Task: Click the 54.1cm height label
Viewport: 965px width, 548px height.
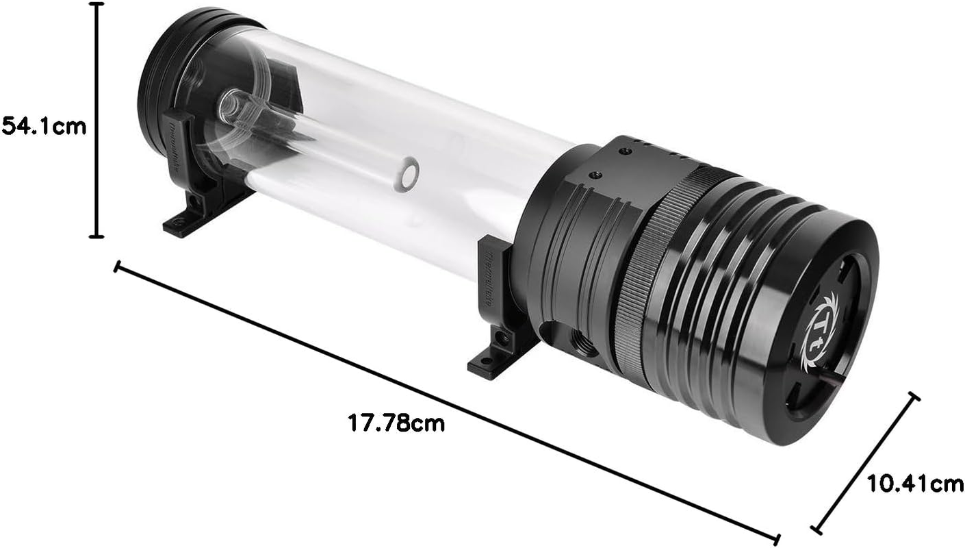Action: click(x=44, y=126)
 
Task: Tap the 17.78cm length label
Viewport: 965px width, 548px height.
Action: click(x=396, y=423)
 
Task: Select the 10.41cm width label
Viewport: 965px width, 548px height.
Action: click(x=915, y=484)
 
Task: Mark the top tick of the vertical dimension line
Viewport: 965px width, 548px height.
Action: click(x=96, y=4)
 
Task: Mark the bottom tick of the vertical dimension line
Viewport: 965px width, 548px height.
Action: click(x=96, y=237)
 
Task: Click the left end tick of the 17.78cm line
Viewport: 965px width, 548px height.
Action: click(x=117, y=266)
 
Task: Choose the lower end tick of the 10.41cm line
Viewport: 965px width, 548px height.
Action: click(x=816, y=529)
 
